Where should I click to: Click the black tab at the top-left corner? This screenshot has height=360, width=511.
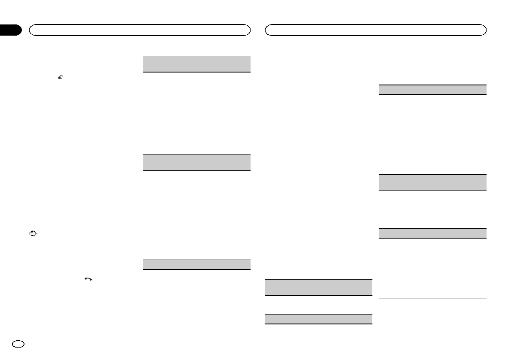tap(10, 30)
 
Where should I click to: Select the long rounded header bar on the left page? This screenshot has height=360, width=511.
tap(139, 30)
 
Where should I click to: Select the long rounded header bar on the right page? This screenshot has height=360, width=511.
tap(376, 30)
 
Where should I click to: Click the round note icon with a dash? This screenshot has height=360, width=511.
tap(32, 234)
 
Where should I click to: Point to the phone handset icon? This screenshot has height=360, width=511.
tap(88, 279)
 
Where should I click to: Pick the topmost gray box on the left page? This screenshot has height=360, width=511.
tap(196, 64)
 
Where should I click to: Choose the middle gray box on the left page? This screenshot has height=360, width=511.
tap(196, 163)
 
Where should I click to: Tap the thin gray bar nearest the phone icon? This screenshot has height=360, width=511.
tap(196, 264)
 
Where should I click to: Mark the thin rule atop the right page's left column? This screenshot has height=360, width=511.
tap(318, 56)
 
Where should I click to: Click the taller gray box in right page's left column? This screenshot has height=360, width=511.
tap(318, 287)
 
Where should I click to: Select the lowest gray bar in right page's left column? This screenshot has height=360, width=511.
tap(318, 319)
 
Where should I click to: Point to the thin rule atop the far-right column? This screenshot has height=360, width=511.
tap(432, 56)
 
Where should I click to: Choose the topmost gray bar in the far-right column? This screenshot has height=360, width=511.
tap(432, 90)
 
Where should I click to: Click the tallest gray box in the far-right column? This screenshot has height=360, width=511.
tap(432, 182)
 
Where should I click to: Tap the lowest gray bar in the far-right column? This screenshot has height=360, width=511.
tap(432, 233)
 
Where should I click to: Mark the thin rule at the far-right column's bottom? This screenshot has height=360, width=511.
tap(432, 299)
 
